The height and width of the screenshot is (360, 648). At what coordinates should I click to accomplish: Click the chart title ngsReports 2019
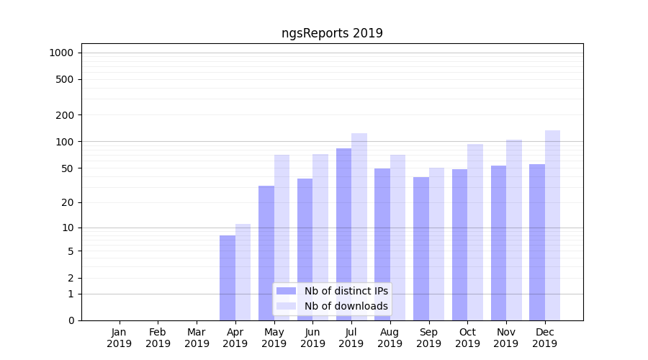pos(332,33)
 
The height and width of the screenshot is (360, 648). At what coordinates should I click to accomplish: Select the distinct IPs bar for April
pos(228,278)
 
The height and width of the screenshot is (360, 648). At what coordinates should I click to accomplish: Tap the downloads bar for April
pos(243,272)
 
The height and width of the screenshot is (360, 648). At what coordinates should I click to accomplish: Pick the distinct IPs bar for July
pos(344,234)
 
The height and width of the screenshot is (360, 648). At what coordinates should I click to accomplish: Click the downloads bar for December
pos(552,225)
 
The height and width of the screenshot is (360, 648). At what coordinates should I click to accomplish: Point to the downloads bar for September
pos(436,244)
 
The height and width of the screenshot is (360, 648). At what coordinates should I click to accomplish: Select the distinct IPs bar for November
pos(498,243)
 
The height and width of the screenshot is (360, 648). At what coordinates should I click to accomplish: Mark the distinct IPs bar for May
pos(266,253)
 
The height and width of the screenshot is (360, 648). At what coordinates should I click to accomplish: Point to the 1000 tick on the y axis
pos(61,53)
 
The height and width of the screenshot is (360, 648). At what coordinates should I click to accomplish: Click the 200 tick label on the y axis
pos(66,115)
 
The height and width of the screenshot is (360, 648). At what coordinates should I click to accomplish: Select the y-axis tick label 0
pos(71,320)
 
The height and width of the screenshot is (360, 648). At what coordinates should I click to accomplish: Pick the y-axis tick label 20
pos(68,202)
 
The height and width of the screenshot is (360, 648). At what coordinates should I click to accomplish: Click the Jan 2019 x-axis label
pos(120,338)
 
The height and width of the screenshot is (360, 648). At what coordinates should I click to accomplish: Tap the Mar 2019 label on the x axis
pos(197,338)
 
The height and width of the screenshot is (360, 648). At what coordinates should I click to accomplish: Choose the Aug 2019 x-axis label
pos(390,338)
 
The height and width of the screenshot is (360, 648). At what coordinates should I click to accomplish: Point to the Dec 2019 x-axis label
pos(545,338)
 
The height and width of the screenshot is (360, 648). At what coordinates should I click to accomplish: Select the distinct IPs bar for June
pos(305,249)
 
